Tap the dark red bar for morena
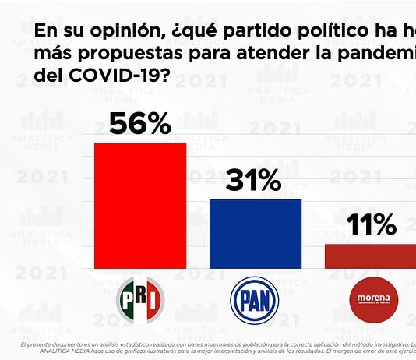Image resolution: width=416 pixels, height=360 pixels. [x=370, y=256]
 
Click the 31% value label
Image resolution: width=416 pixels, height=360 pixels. [x=254, y=181]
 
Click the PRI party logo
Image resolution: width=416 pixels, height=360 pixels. [x=139, y=301]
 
